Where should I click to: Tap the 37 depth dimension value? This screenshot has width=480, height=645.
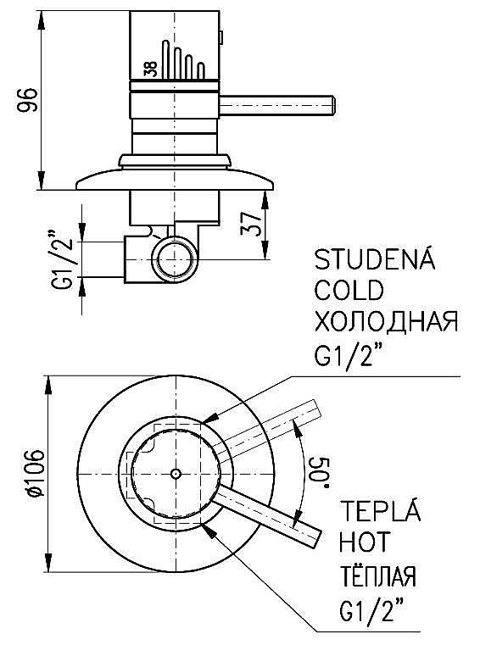pyautogui.click(x=251, y=225)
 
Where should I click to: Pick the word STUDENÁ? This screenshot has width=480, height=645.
pyautogui.click(x=374, y=259)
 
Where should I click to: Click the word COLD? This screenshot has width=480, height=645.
pyautogui.click(x=349, y=290)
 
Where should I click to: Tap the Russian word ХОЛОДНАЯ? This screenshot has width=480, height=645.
pyautogui.click(x=386, y=321)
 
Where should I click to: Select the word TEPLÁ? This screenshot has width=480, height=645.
pyautogui.click(x=380, y=510)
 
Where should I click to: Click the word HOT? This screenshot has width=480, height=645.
pyautogui.click(x=364, y=542)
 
